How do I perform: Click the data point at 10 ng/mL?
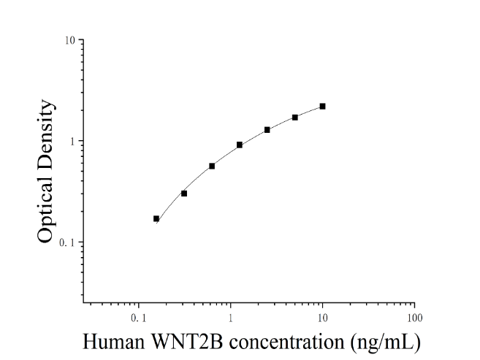point(322,107)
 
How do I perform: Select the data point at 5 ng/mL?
point(295,118)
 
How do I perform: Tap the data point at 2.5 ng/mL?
point(267,130)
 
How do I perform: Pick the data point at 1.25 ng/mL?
point(240,145)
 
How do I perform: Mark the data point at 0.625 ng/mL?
point(212,166)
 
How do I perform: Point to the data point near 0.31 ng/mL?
point(184,194)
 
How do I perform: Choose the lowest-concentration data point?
point(156,218)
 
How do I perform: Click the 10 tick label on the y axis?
point(70,40)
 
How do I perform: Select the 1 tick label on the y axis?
point(72,142)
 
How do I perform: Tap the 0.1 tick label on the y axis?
point(67,242)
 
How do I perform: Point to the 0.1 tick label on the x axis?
point(139,318)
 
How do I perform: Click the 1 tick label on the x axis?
point(230,318)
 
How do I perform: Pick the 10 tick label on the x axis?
point(322,318)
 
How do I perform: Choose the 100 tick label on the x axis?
point(415,318)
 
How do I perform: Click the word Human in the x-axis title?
point(113,341)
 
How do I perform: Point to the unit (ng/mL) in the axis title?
point(386,342)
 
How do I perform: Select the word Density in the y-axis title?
point(45,136)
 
